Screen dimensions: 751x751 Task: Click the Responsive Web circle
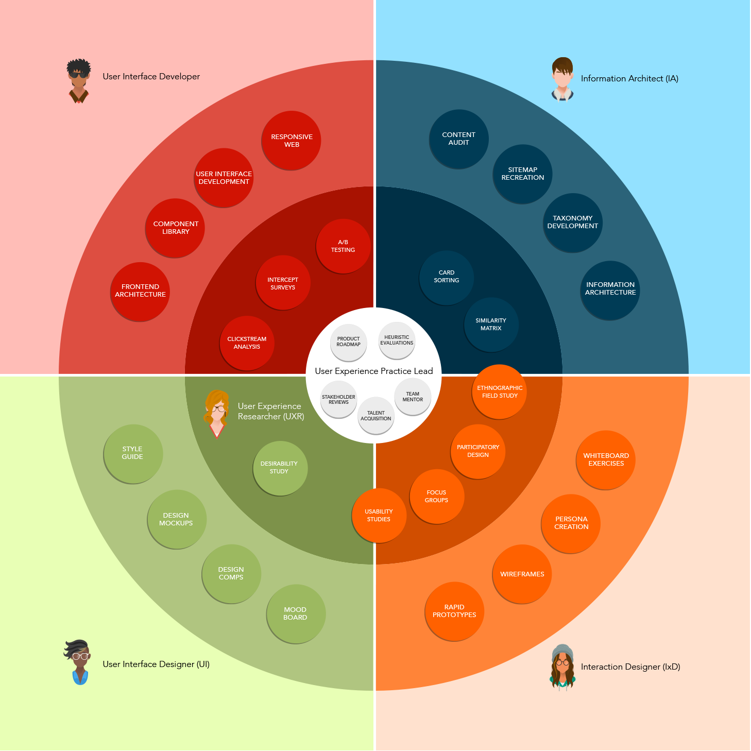292,140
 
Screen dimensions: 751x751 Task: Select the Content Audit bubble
458,139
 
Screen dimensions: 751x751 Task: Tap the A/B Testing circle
343,246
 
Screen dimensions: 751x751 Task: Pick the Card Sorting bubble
447,277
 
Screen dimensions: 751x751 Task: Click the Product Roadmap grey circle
349,342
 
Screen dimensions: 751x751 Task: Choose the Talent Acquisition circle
376,415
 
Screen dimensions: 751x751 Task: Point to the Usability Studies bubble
379,515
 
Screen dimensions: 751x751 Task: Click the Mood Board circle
296,613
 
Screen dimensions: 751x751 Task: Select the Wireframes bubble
522,574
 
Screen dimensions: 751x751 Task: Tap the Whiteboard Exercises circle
606,459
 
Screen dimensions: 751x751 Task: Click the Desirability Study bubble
280,468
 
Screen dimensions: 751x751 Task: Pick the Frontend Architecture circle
140,291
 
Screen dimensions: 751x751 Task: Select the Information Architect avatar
562,79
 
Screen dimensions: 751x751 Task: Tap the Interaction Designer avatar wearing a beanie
562,666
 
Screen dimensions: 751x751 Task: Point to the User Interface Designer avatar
79,662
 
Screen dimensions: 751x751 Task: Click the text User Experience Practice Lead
374,371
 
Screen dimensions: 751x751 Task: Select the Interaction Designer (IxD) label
630,667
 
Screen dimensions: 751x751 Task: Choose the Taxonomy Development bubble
572,223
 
